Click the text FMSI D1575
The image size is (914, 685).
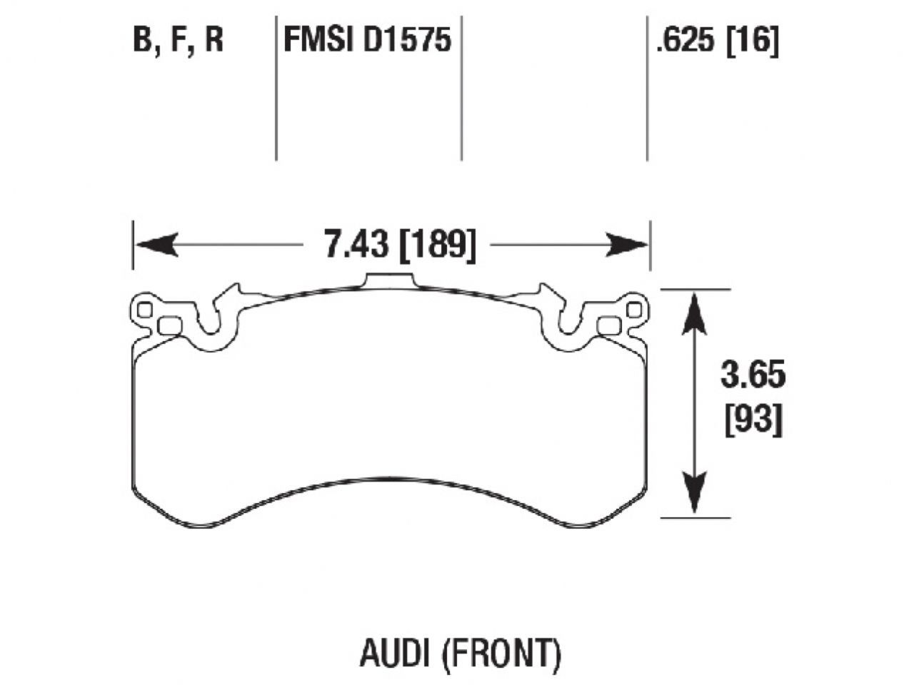click(x=368, y=41)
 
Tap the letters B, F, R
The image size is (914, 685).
click(x=179, y=41)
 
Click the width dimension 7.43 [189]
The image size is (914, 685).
click(x=399, y=246)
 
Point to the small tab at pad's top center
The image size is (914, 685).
click(x=389, y=281)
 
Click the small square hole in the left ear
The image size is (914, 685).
click(x=145, y=310)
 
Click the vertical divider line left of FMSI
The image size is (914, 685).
click(x=276, y=86)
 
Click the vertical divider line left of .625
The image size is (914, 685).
click(x=647, y=86)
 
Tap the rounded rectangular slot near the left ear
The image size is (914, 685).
click(x=169, y=326)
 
